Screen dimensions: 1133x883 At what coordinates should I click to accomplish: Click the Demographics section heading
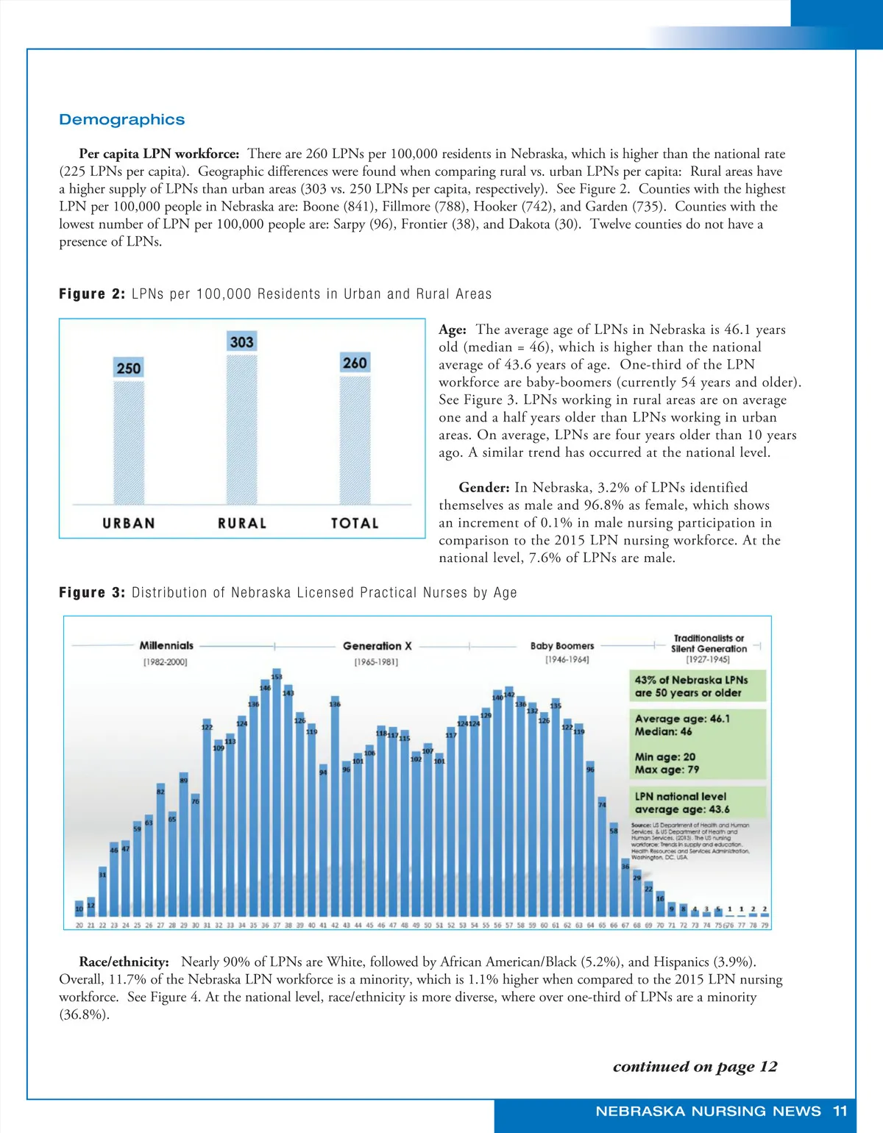121,120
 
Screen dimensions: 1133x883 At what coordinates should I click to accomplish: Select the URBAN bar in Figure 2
129,441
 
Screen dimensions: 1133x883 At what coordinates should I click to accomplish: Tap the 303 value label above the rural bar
241,342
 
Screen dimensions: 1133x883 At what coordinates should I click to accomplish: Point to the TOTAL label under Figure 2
355,523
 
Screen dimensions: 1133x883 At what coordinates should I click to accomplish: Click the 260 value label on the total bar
355,363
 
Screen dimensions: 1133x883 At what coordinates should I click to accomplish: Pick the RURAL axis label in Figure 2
241,523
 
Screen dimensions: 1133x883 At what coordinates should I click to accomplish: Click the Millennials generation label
166,646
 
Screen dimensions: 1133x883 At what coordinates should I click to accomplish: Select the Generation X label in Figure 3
377,646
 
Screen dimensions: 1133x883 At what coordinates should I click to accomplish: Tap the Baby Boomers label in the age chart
562,646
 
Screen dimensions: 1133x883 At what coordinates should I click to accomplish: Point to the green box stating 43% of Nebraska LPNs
697,686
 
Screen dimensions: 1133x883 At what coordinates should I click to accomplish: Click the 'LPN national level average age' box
697,803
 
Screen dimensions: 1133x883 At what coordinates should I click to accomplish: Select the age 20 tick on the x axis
79,925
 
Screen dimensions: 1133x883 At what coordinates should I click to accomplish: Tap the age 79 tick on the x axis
765,925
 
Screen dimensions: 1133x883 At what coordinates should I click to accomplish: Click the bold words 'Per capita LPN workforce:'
159,154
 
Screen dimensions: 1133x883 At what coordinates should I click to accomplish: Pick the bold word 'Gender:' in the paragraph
483,488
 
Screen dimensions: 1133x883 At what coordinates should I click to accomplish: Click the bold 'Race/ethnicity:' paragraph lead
124,962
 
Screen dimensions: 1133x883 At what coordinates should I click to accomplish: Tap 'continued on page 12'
695,1067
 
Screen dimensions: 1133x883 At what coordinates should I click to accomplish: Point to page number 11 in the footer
840,1111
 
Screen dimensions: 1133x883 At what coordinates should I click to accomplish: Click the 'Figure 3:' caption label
92,593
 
